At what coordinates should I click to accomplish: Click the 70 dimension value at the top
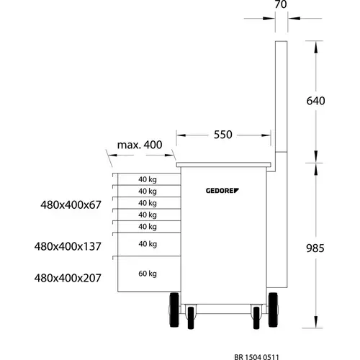(281, 4)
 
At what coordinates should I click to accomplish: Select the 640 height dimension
(315, 101)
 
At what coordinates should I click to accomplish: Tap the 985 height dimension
(315, 248)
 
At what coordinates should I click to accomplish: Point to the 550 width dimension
(223, 135)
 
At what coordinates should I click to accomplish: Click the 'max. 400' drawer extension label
(140, 145)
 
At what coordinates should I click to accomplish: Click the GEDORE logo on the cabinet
(222, 191)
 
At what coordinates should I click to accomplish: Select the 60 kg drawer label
(148, 274)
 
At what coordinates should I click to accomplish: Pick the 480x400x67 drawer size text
(71, 205)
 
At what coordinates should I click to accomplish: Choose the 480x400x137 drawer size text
(68, 246)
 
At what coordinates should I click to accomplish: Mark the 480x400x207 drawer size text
(68, 278)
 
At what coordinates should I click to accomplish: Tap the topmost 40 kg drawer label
(148, 179)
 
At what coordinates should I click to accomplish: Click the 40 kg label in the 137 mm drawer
(148, 244)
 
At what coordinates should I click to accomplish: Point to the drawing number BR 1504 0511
(256, 357)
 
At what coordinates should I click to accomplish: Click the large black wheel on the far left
(174, 310)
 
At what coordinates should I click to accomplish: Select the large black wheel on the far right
(273, 310)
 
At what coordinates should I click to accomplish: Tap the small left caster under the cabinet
(191, 318)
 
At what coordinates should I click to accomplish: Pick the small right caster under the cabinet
(256, 318)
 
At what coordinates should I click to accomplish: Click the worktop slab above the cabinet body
(224, 165)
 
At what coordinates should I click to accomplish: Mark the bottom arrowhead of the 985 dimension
(315, 322)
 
